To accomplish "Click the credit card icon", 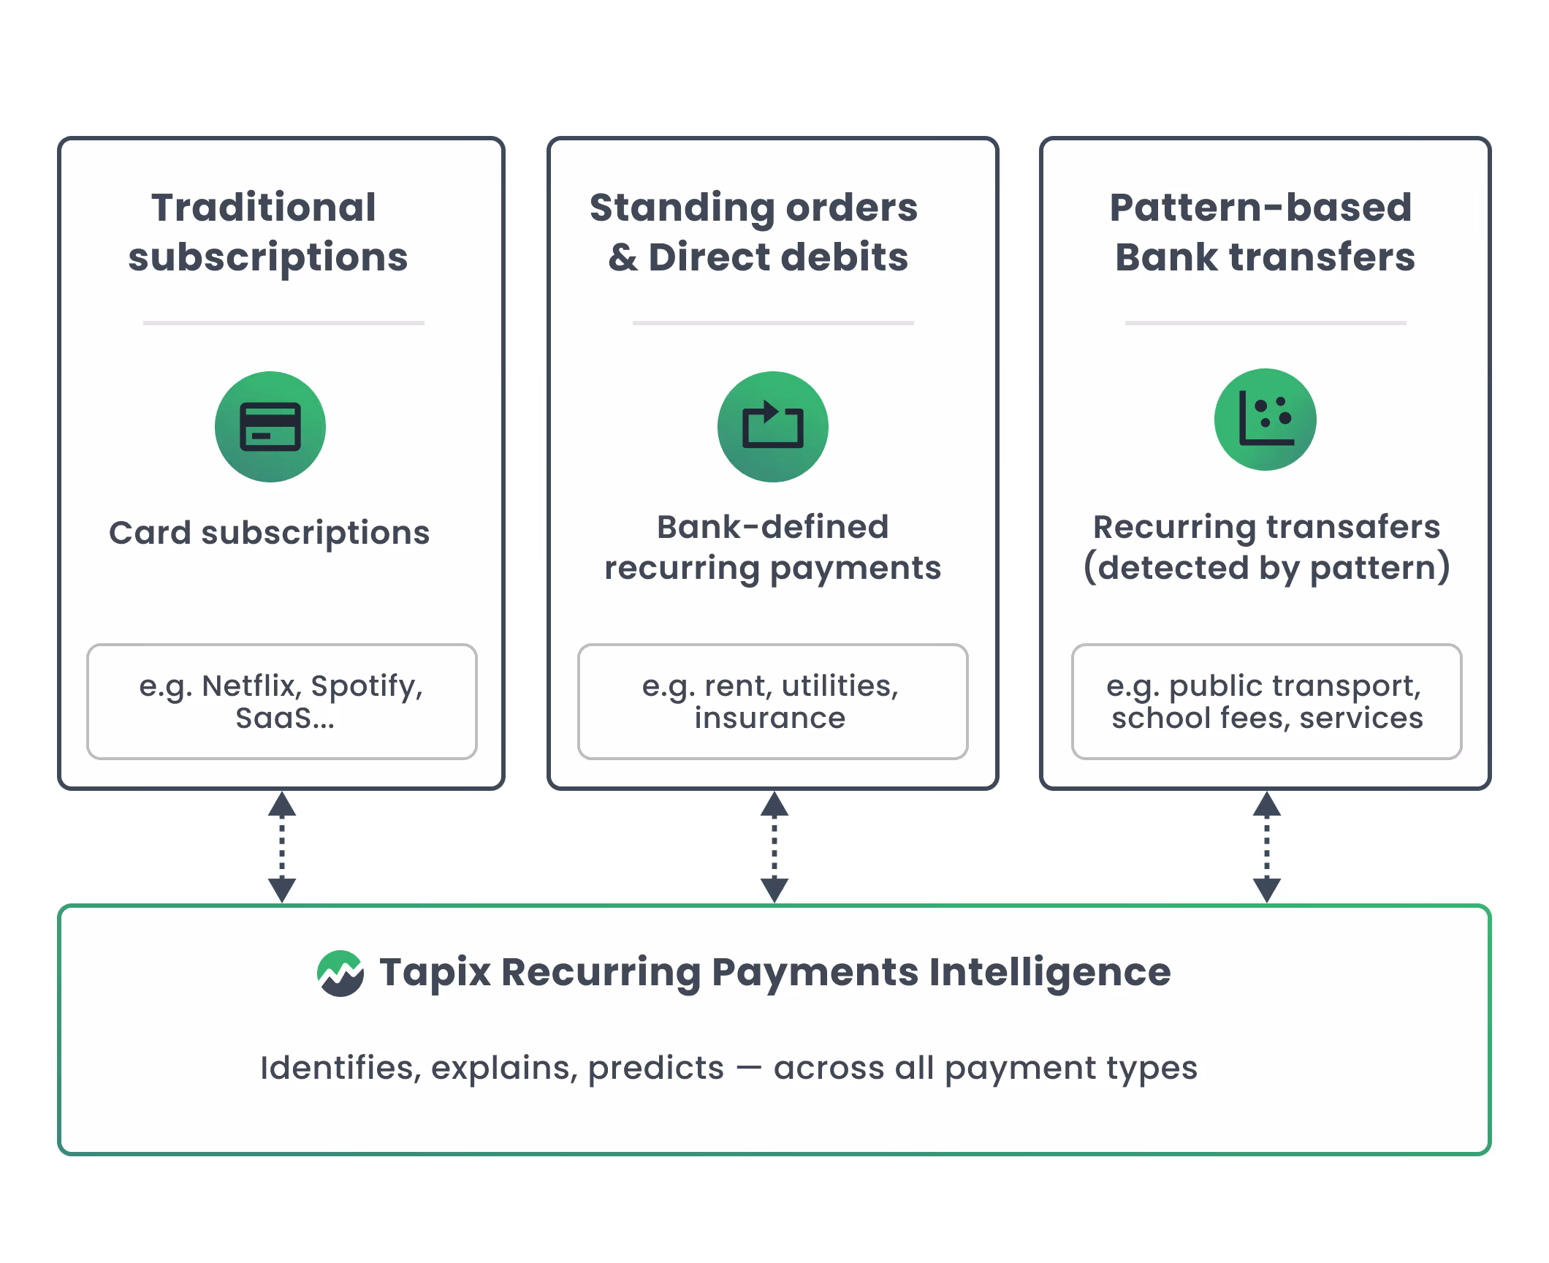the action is [270, 427].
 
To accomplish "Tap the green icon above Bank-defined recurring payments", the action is [772, 427].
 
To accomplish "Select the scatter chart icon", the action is [1265, 420].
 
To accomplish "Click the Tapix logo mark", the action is [340, 973].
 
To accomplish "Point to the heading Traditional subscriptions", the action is [267, 232].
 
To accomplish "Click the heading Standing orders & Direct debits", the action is [755, 232].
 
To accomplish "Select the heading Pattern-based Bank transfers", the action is [1263, 232].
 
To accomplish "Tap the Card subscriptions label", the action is [270, 533].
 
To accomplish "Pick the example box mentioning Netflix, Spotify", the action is [282, 702].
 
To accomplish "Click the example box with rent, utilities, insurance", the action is [772, 702].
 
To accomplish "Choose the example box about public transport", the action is [1266, 702].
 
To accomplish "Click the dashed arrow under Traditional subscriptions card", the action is [282, 847].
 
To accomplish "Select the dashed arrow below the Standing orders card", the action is [774, 847].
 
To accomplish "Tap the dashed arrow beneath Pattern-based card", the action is [1267, 847].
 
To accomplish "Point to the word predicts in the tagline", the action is [655, 1069].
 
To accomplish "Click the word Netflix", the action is [251, 686].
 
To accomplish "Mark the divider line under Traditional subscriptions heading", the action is [283, 322].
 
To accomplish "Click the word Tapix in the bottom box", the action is [435, 973].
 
